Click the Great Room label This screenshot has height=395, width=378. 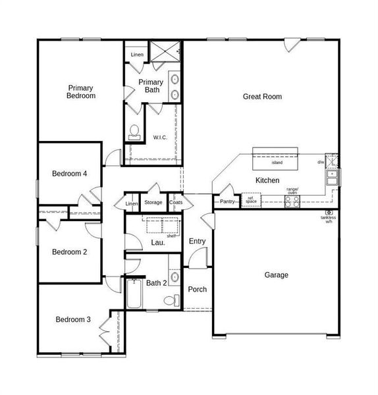pyautogui.click(x=262, y=97)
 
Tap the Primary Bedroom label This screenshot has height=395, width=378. pyautogui.click(x=81, y=92)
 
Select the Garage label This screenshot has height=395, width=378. pyautogui.click(x=276, y=275)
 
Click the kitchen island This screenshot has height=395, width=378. pyautogui.click(x=277, y=160)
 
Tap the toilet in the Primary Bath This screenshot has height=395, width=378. pyautogui.click(x=135, y=132)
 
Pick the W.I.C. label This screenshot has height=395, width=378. pyautogui.click(x=161, y=137)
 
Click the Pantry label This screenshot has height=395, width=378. pyautogui.click(x=227, y=201)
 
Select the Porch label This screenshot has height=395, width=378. pyautogui.click(x=197, y=290)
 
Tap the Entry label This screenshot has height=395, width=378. pyautogui.click(x=197, y=242)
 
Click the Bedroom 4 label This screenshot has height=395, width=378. pyautogui.click(x=70, y=174)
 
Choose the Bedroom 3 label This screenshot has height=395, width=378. pyautogui.click(x=72, y=320)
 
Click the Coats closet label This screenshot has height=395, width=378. pyautogui.click(x=176, y=203)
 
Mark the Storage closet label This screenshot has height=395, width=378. pyautogui.click(x=153, y=203)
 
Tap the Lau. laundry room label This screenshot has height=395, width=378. pyautogui.click(x=158, y=242)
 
